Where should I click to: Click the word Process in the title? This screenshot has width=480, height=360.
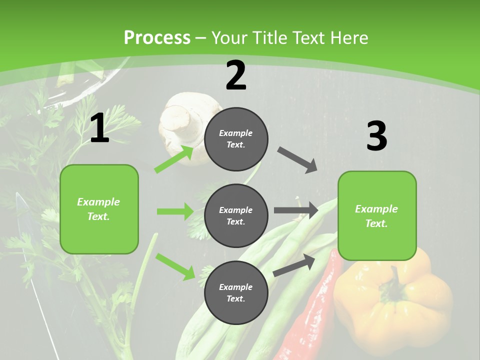[x=157, y=38]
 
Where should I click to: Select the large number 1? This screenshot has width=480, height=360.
[x=99, y=128]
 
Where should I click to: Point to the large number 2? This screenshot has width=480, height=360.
[x=236, y=75]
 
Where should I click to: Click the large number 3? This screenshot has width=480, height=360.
[x=376, y=136]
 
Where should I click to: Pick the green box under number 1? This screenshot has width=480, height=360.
[x=99, y=209]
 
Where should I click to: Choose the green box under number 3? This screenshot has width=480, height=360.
[x=377, y=216]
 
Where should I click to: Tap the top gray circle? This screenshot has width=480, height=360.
[x=236, y=139]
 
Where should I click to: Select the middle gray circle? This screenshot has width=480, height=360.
[x=236, y=216]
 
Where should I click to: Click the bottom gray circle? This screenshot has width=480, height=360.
[x=236, y=293]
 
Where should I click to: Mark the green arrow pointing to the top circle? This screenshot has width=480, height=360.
[x=174, y=158]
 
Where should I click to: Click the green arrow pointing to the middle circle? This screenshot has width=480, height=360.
[x=175, y=211]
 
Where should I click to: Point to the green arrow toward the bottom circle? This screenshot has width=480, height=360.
[x=175, y=266]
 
